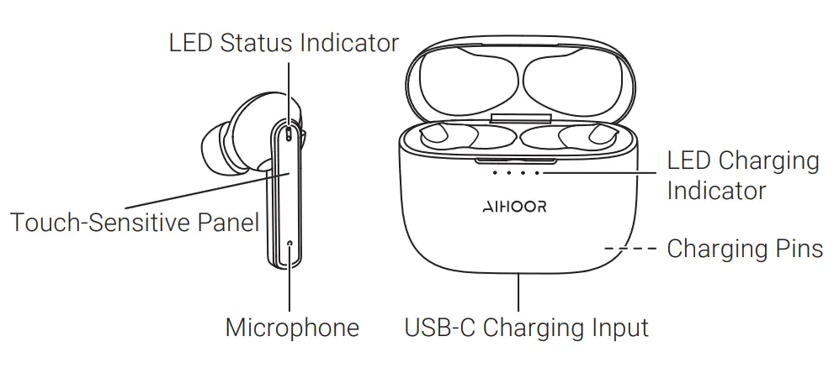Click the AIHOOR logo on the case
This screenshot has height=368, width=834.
pos(515,207)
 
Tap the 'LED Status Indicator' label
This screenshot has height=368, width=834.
pos(284,43)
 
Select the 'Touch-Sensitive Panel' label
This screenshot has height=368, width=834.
pos(134,223)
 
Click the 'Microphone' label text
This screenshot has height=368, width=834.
pos(291,328)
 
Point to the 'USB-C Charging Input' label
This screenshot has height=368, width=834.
pos(526,328)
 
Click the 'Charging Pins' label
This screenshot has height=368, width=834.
pos(744,249)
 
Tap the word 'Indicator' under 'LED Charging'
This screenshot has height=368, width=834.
pos(716,191)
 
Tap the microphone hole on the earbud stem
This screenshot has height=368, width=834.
pos(290,244)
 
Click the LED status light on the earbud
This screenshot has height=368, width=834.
pos(290,133)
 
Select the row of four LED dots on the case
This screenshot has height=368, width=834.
pos(515,172)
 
